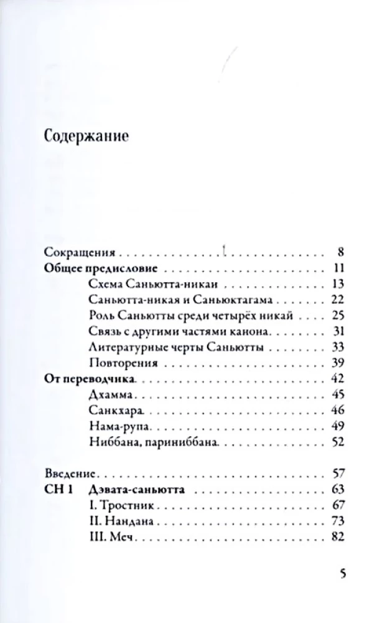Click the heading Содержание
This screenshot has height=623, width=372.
[87, 136]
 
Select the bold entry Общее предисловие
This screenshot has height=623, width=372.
[100, 269]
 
